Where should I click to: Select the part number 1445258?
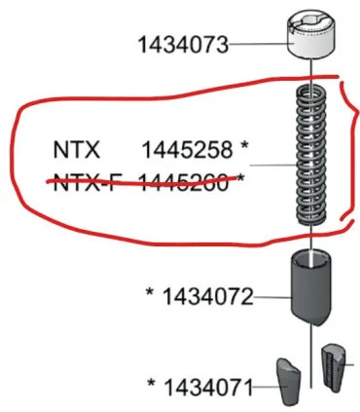pyautogui.click(x=187, y=151)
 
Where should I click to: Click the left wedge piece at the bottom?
pyautogui.click(x=285, y=380)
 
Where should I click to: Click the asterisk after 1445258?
pyautogui.click(x=244, y=149)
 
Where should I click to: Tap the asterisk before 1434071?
pyautogui.click(x=151, y=385)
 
